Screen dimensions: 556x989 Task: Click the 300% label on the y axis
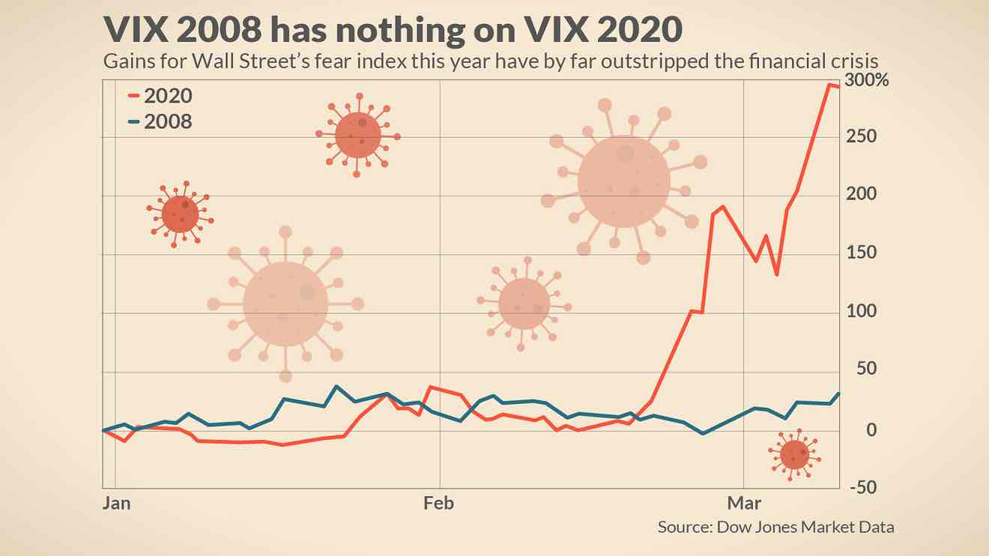pos(867,81)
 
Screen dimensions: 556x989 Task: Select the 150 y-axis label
pos(862,253)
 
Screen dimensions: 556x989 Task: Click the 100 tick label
pos(862,312)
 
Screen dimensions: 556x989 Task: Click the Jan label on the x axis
pos(116,503)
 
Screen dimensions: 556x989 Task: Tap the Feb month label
pos(439,503)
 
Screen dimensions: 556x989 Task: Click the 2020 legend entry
pos(168,96)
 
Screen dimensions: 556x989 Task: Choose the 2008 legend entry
pos(168,121)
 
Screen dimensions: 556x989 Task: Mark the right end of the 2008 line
pos(838,393)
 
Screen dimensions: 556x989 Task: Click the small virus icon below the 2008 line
pos(795,454)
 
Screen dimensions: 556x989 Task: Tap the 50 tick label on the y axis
pos(867,370)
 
